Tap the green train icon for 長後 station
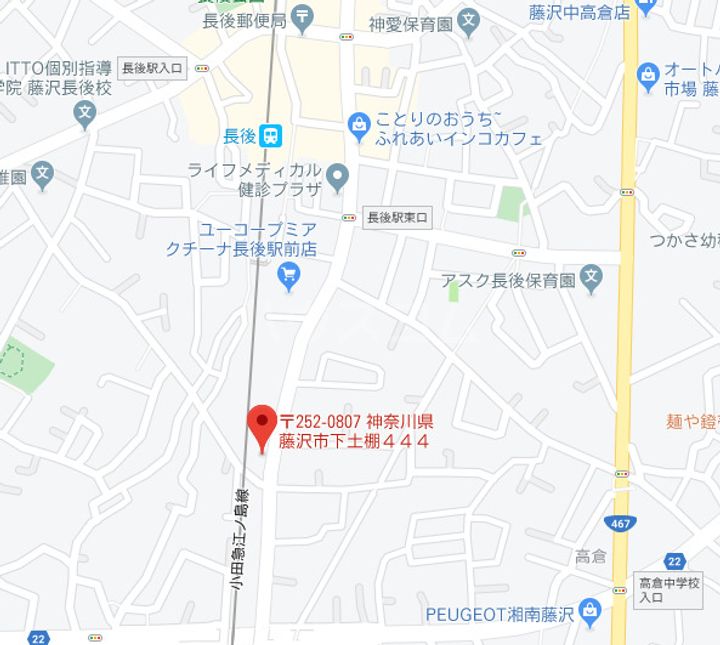click(270, 134)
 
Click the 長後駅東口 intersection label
click(397, 217)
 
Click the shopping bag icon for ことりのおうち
click(358, 124)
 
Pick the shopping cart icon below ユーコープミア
click(290, 274)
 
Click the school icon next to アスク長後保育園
click(592, 280)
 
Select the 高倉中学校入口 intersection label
click(669, 589)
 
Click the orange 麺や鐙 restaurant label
click(692, 422)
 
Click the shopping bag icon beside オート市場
click(648, 73)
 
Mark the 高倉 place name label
click(591, 556)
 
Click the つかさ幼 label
click(684, 239)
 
